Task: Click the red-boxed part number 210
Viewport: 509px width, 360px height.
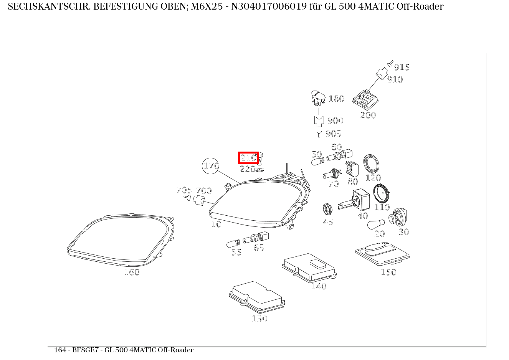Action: coord(248,157)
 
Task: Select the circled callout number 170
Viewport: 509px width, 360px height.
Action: coord(211,166)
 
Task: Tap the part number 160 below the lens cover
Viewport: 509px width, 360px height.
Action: coord(132,272)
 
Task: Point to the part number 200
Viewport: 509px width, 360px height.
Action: coord(368,115)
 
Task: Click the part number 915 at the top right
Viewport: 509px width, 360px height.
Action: coord(402,67)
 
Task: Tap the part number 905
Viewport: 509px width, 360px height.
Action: coord(333,134)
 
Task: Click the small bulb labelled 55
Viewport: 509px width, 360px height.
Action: coord(233,243)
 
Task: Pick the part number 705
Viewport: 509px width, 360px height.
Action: coord(184,190)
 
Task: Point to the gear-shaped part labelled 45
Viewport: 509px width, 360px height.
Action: coord(327,210)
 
